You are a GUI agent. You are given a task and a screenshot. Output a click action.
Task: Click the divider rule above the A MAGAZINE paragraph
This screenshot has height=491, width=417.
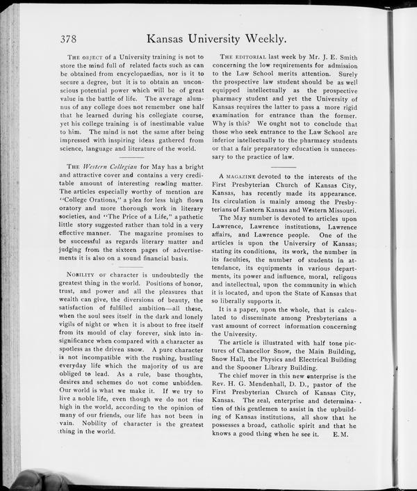(283, 166)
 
